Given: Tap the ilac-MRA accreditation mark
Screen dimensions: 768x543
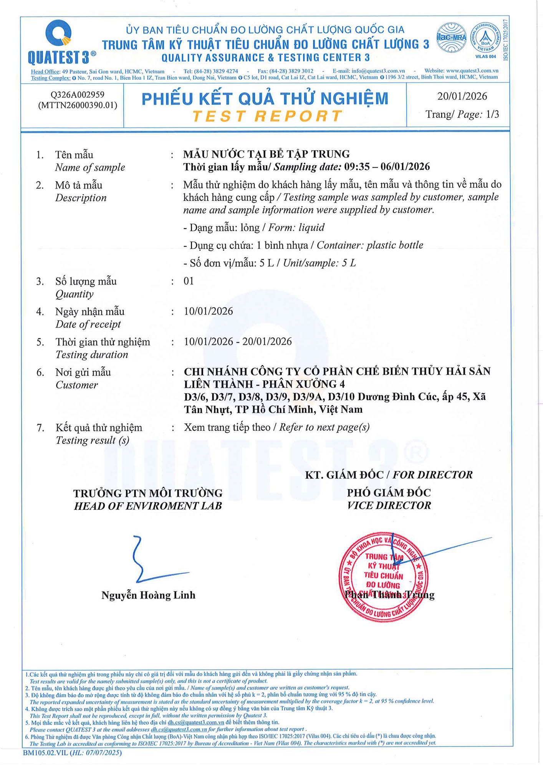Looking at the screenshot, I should [452, 38].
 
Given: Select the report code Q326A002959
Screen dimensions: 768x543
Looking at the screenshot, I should [78, 95].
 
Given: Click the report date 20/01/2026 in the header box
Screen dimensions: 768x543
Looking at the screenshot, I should [462, 96].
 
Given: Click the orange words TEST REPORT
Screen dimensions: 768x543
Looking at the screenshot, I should [267, 116].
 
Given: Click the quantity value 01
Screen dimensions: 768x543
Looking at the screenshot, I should [189, 281].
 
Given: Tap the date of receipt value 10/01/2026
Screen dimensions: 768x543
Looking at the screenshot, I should [209, 311].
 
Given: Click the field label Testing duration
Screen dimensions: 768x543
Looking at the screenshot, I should [92, 354].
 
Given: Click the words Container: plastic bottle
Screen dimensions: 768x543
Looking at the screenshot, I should [370, 245].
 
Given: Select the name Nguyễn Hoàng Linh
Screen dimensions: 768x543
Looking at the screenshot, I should [148, 595].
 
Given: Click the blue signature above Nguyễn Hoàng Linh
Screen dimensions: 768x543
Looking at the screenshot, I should [154, 561].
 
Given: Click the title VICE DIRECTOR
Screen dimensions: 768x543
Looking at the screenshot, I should [389, 505].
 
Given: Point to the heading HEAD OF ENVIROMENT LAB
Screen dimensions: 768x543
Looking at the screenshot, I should [148, 506].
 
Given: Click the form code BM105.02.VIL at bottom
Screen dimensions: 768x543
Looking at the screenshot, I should [45, 753].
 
